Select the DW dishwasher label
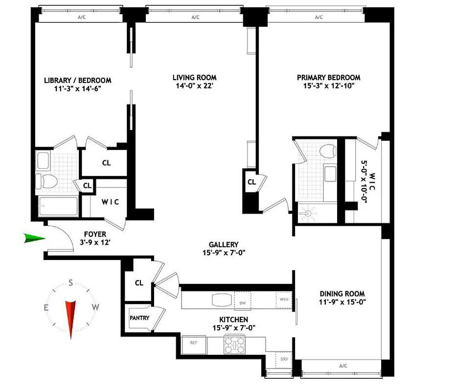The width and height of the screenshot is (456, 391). click(242, 303)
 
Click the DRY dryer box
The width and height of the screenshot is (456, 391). click(283, 359)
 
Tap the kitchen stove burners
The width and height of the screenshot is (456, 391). click(235, 345)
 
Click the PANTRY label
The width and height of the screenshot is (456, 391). click(139, 318)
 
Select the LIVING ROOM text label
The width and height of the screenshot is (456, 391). click(194, 78)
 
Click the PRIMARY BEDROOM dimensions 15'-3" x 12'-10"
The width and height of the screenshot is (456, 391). click(328, 86)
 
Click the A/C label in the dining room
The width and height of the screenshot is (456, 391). click(342, 366)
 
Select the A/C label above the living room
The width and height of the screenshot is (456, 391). click(195, 17)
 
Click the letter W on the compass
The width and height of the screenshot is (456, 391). click(96, 307)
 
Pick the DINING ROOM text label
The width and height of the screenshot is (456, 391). click(342, 294)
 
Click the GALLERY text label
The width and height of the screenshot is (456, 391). click(223, 245)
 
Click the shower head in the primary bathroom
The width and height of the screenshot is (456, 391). click(307, 214)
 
